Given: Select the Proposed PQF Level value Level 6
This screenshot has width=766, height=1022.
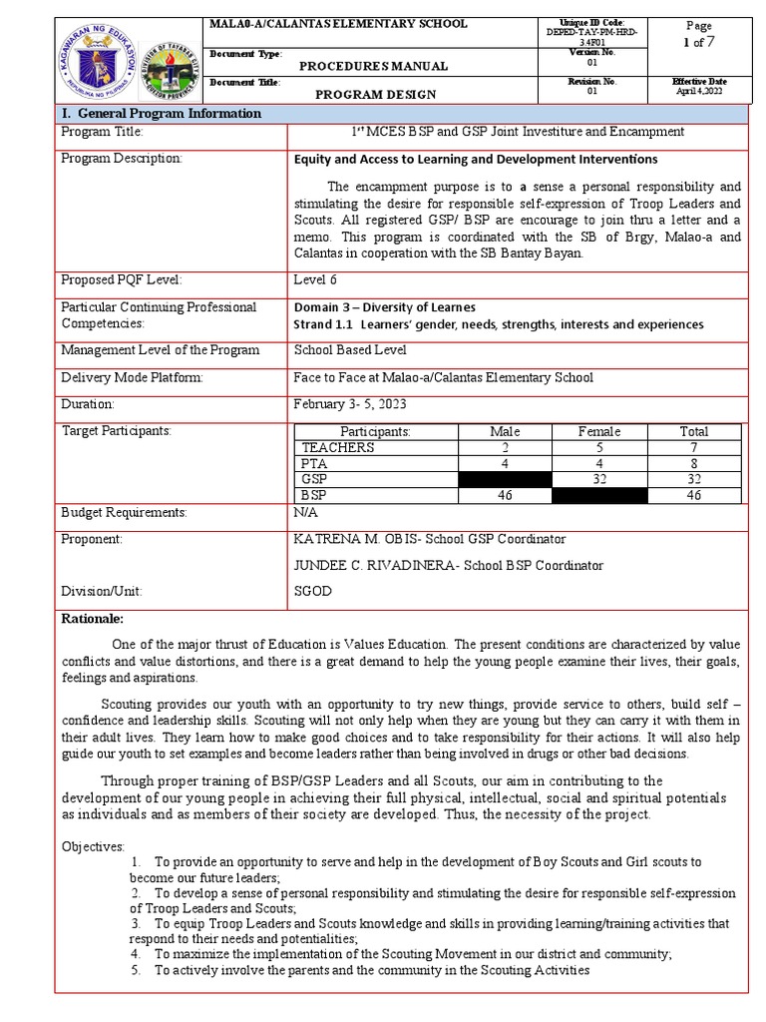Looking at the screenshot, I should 316,279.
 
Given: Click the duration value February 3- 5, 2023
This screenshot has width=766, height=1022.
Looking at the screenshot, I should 351,404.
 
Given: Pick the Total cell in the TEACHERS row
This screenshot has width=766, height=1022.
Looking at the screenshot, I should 693,448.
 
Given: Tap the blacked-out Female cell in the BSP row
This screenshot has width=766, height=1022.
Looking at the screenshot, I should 599,495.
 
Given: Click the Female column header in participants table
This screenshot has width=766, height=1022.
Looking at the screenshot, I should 599,431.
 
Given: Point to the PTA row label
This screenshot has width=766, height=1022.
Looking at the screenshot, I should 314,464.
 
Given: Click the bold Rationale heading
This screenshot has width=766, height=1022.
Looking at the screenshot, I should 93,619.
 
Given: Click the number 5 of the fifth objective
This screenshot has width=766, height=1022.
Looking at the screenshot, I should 135,970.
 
